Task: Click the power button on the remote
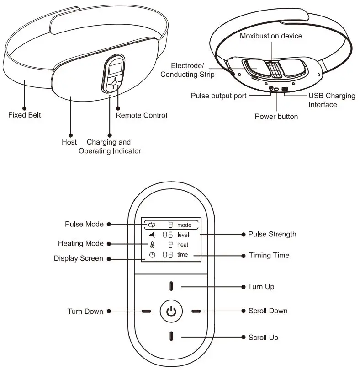point(170,311)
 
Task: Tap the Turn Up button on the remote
point(171,286)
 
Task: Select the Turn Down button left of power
point(146,311)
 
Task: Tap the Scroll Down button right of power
point(196,311)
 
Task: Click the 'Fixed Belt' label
point(24,115)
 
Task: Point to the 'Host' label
point(69,142)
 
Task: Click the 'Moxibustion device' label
point(271,36)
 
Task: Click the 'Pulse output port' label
point(218,96)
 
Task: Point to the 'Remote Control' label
point(141,115)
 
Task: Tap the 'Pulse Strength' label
point(272,234)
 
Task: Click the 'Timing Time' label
point(269,255)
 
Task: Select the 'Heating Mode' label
point(81,243)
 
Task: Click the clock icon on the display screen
point(152,255)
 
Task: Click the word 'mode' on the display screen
point(184,225)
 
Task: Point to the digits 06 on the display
point(168,235)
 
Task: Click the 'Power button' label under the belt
point(276,117)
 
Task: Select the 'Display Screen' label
point(79,258)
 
